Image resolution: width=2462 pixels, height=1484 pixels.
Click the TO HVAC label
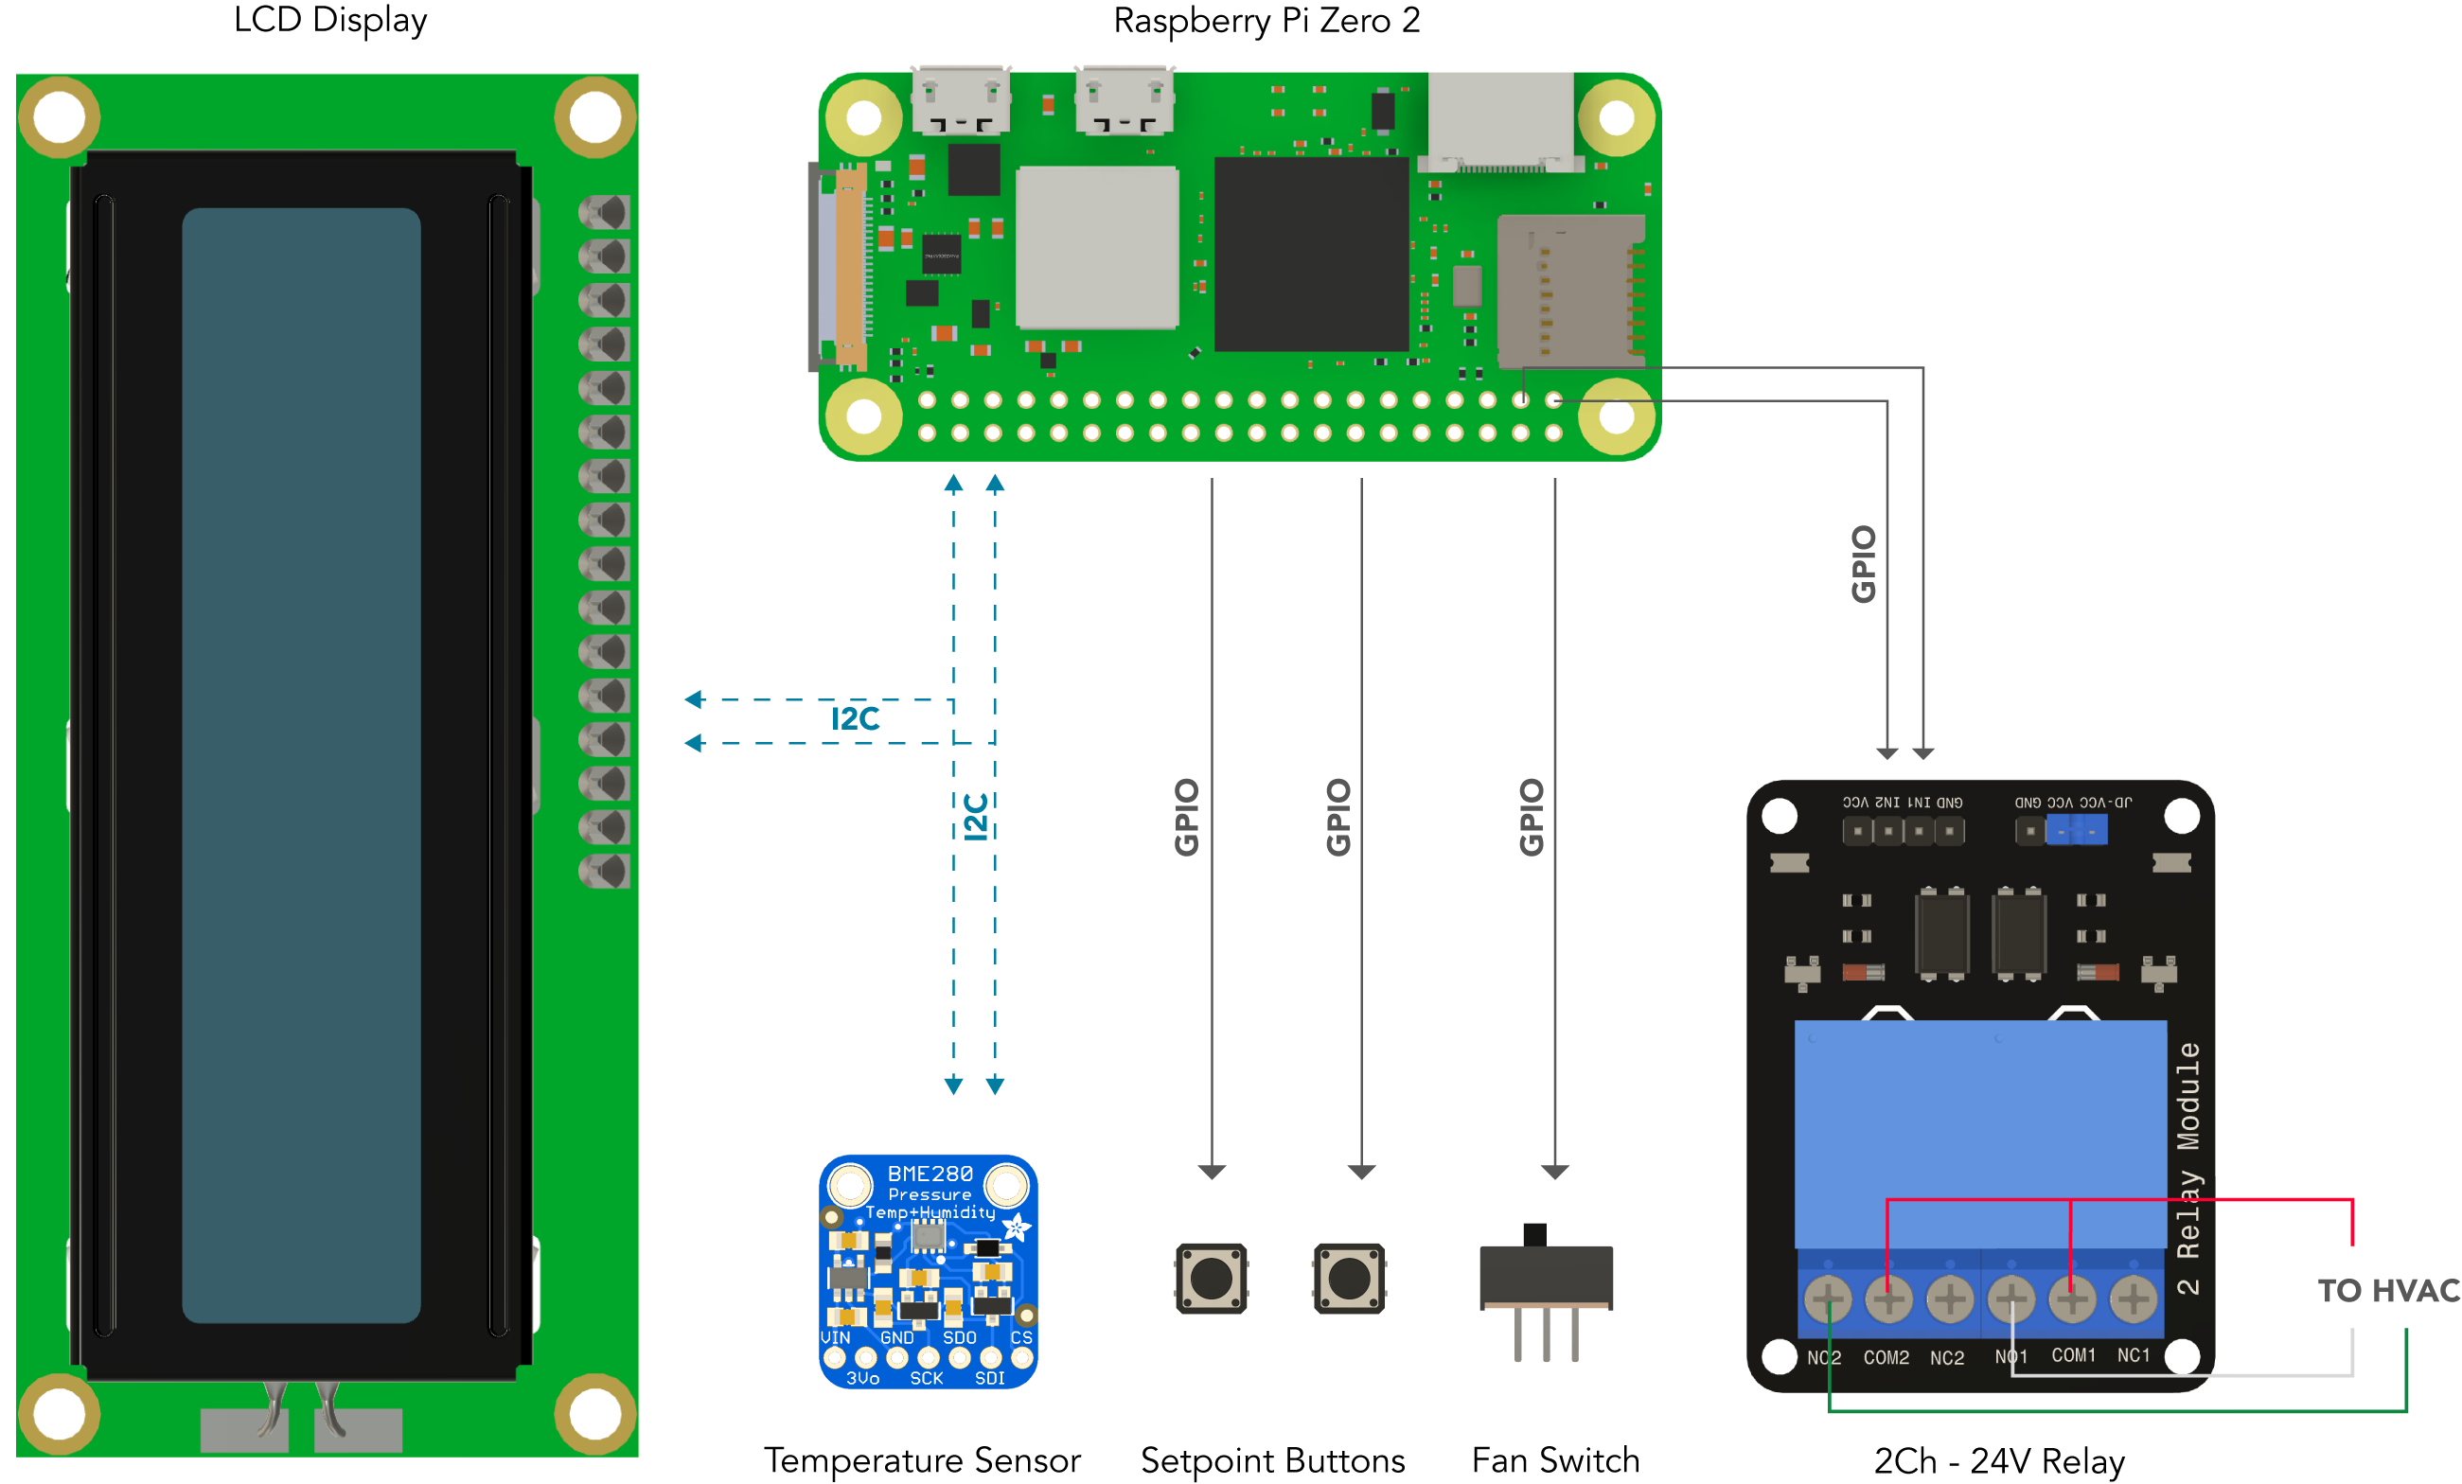pyautogui.click(x=2388, y=1290)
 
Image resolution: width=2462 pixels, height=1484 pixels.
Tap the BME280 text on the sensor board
pyautogui.click(x=930, y=1174)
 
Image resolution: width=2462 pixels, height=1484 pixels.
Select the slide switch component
pyautogui.click(x=1547, y=1290)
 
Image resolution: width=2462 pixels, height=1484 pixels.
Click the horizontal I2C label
pyautogui.click(x=856, y=718)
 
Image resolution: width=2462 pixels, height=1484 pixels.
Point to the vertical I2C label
pyautogui.click(x=975, y=817)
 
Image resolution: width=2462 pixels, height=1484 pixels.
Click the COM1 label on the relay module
pyautogui.click(x=2073, y=1355)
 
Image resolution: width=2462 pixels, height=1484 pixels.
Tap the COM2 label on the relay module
pyautogui.click(x=1886, y=1357)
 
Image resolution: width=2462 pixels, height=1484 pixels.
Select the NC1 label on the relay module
pyautogui.click(x=2134, y=1355)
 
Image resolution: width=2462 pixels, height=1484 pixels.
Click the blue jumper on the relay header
pyautogui.click(x=2078, y=829)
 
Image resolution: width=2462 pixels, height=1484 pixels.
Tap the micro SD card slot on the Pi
pyautogui.click(x=1569, y=290)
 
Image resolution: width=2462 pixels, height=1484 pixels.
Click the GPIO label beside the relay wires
pyautogui.click(x=1864, y=564)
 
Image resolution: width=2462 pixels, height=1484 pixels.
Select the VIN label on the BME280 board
pyautogui.click(x=835, y=1337)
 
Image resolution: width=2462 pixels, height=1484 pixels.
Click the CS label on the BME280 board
pyautogui.click(x=1021, y=1337)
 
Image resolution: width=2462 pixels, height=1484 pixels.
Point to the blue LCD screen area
pyautogui.click(x=301, y=765)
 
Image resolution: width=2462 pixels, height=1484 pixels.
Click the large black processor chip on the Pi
pyautogui.click(x=1311, y=254)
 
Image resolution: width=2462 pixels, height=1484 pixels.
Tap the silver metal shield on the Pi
pyautogui.click(x=1097, y=247)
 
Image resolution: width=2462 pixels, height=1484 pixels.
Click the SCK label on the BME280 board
pyautogui.click(x=927, y=1378)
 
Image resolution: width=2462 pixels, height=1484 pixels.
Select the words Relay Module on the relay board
pyautogui.click(x=2188, y=1149)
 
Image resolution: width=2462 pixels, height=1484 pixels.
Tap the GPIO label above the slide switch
pyautogui.click(x=1531, y=817)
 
